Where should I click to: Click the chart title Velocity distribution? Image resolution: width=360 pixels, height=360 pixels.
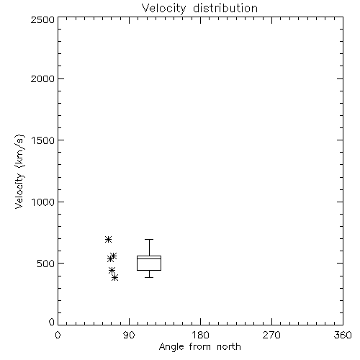tap(199, 9)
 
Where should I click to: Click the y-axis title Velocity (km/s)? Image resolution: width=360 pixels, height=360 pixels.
tap(19, 171)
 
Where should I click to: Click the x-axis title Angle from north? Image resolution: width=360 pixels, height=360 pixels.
tap(199, 347)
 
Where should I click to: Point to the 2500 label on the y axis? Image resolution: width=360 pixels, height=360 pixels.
tap(42, 19)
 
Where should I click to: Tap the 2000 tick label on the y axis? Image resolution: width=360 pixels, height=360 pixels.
tap(42, 78)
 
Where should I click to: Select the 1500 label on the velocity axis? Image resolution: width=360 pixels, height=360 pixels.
tap(43, 140)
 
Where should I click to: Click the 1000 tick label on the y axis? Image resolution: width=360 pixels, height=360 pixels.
tap(43, 202)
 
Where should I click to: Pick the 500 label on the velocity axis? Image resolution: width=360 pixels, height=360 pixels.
tap(46, 264)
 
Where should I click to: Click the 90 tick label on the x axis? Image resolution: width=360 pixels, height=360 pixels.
tap(129, 335)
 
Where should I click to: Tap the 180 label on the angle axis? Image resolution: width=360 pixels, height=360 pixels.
tap(200, 335)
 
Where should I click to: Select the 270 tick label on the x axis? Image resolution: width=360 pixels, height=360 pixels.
tap(271, 335)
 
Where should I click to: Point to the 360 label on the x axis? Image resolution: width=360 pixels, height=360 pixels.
tap(343, 335)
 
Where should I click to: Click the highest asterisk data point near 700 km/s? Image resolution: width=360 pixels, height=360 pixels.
tap(108, 239)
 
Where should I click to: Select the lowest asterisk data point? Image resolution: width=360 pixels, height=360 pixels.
tap(115, 278)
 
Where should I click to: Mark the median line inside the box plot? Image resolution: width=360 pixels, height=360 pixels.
tap(149, 258)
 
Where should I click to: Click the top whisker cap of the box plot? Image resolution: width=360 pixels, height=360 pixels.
tap(149, 239)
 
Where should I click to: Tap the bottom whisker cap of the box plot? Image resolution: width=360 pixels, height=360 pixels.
tap(149, 277)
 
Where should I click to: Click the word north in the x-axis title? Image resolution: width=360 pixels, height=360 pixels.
tap(229, 347)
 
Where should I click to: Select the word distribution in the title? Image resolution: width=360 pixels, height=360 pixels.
tap(225, 9)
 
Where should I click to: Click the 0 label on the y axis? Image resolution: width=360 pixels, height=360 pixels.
tap(52, 322)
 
